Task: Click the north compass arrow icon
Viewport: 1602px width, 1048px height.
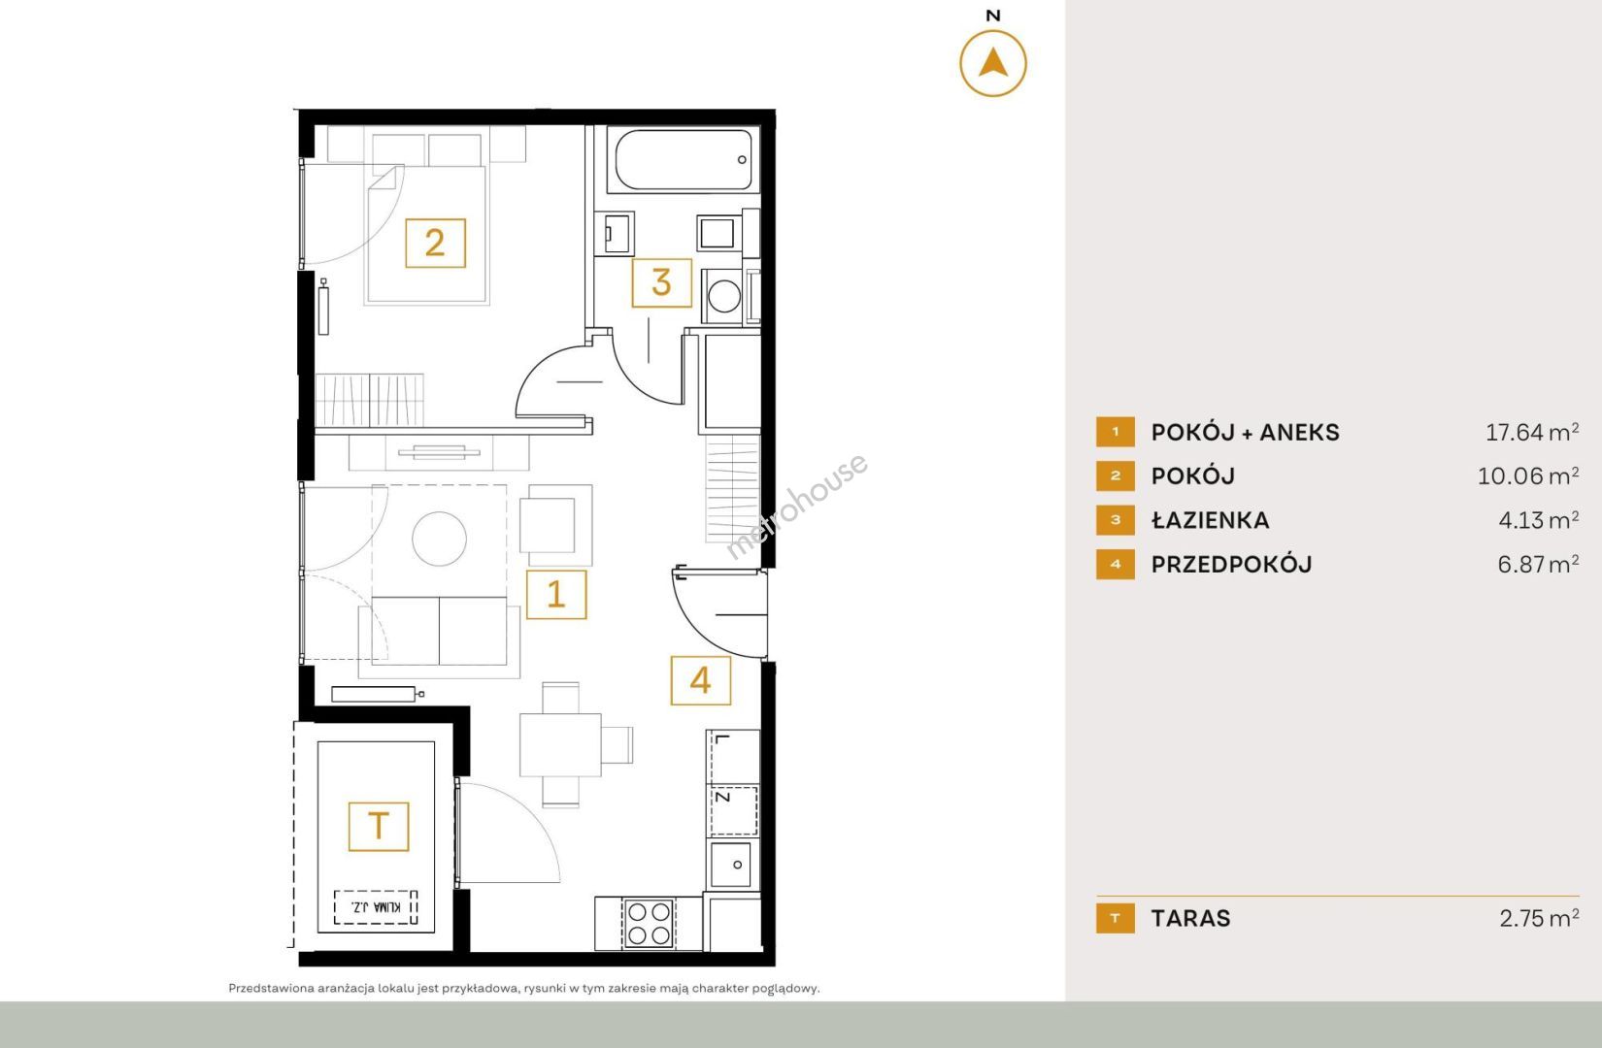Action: point(992,63)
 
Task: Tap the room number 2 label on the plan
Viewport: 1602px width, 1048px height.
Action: point(435,243)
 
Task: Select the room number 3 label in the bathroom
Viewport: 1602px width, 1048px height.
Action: point(661,282)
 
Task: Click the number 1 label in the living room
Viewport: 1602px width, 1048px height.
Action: point(556,594)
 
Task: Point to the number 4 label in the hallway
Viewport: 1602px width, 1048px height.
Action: point(701,680)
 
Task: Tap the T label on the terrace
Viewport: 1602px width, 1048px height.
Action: point(379,827)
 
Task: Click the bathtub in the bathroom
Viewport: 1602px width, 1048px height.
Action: point(683,160)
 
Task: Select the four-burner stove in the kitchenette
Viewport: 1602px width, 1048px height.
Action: point(649,923)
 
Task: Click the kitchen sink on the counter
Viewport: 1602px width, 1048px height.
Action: point(731,865)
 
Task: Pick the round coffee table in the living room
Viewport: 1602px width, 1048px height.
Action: point(439,539)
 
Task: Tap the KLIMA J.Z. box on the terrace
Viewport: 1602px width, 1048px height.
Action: point(376,907)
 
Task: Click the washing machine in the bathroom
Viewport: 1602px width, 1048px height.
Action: point(722,296)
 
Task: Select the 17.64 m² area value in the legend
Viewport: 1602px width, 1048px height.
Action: point(1532,432)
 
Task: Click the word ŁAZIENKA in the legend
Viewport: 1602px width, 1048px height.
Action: point(1210,520)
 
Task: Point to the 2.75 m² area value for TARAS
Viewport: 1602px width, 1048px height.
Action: point(1539,918)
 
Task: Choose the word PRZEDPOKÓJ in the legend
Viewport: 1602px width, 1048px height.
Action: point(1231,564)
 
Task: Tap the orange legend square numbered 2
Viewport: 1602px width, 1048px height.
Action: point(1115,476)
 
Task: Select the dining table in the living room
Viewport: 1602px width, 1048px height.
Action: point(560,745)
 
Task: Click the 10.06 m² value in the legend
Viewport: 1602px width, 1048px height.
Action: point(1528,476)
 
